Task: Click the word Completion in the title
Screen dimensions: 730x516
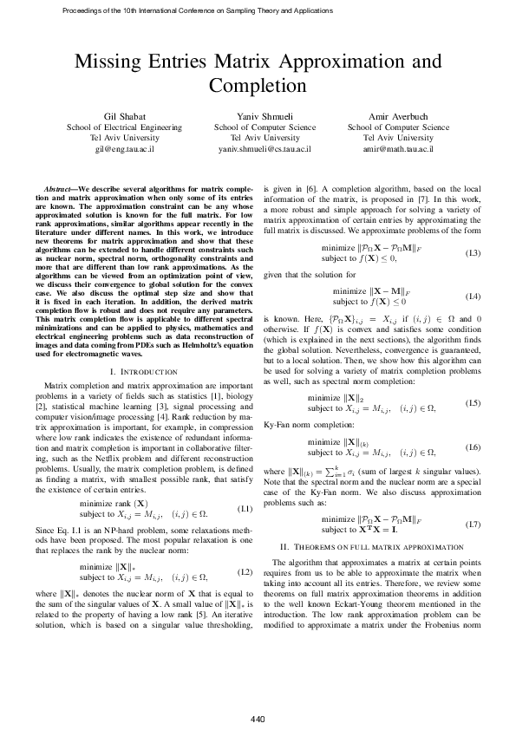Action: click(258, 86)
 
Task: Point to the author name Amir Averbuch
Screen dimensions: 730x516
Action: click(399, 115)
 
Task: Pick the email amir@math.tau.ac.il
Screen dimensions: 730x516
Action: click(399, 149)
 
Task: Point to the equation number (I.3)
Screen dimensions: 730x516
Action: click(473, 253)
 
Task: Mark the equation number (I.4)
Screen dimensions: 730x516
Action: click(473, 297)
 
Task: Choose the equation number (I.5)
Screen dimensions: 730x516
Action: click(473, 403)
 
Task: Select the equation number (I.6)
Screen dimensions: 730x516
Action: click(473, 446)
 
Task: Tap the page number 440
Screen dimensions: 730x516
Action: click(258, 695)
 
